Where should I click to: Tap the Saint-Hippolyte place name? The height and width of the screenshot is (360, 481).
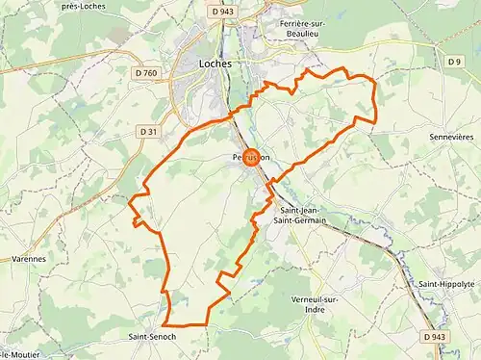click(x=446, y=284)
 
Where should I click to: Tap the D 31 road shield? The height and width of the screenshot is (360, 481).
click(x=146, y=130)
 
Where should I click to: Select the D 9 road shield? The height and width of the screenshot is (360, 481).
click(x=455, y=62)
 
